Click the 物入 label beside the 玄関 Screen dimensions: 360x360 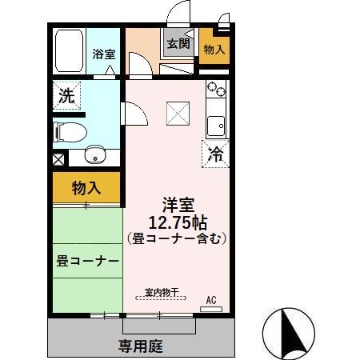pos(214,50)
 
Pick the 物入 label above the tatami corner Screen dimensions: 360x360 pos(86,188)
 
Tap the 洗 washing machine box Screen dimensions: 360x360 pos(66,95)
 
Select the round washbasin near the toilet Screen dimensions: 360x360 pos(95,154)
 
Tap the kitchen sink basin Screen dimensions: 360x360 pos(216,125)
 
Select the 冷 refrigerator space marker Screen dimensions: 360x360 pos(214,154)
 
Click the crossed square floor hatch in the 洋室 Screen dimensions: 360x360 pos(177,113)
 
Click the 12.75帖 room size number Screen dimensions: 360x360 pos(177,222)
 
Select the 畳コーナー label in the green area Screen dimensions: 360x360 pos(87,262)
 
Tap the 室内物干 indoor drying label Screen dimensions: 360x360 pos(161,292)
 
